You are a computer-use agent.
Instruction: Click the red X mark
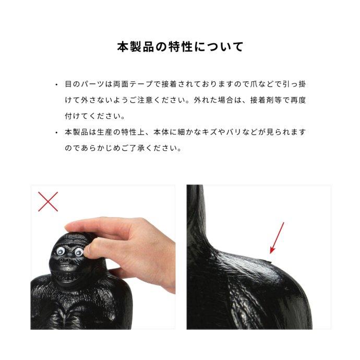click(48, 201)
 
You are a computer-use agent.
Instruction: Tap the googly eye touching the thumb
click(79, 252)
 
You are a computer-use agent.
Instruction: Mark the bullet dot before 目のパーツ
click(56, 84)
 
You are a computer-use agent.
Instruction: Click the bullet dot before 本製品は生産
click(56, 133)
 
